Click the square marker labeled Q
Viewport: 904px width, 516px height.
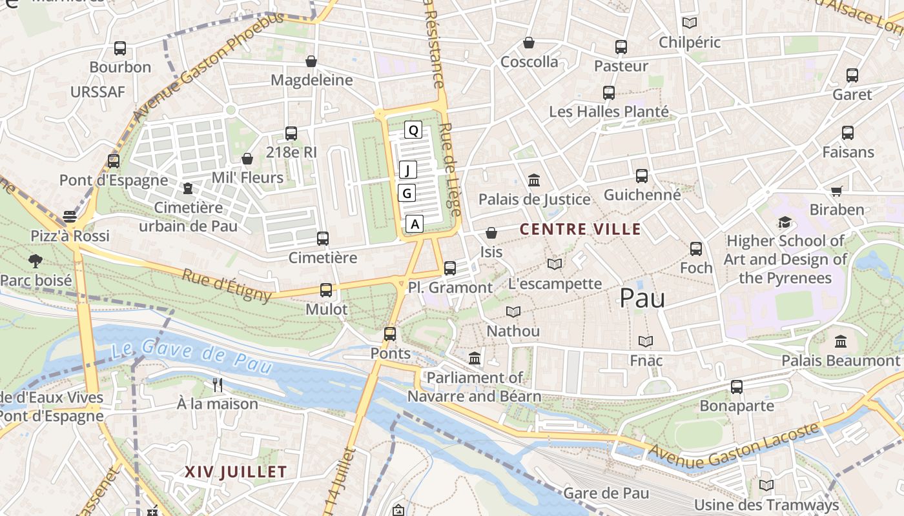[413, 130]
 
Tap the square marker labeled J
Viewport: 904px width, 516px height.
[407, 170]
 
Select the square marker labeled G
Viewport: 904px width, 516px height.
[406, 193]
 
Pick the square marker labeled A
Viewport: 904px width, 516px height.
[415, 224]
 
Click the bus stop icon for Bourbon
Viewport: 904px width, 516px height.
[120, 48]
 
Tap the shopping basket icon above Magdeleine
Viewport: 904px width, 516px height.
[311, 61]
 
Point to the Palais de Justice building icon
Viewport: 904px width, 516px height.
[534, 180]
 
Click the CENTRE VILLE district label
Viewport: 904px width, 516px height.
[580, 229]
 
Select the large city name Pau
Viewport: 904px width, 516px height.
[642, 297]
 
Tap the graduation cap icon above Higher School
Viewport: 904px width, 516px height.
[785, 223]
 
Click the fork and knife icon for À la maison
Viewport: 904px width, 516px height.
[218, 385]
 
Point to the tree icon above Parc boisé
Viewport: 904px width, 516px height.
[36, 261]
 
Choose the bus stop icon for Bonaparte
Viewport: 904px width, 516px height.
[737, 387]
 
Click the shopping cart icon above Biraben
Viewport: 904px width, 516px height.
[837, 191]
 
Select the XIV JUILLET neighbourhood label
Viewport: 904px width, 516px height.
[236, 471]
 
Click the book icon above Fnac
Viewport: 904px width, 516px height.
[646, 341]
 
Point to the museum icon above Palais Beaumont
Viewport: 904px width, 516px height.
[841, 341]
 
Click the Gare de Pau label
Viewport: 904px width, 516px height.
[606, 493]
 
